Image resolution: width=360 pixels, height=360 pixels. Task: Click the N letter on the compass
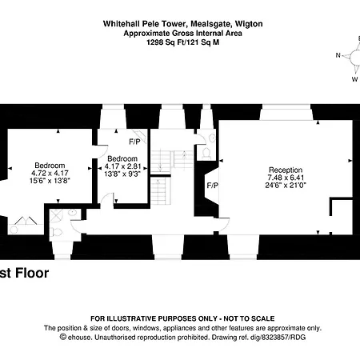tap(338, 56)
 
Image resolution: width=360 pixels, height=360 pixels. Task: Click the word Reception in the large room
tap(286, 170)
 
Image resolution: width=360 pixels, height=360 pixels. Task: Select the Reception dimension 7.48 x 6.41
tap(286, 178)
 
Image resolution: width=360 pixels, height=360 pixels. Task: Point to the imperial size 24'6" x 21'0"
tap(286, 185)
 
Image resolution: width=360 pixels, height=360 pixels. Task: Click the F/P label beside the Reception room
tap(212, 186)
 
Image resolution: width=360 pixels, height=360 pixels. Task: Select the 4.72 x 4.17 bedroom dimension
tap(50, 174)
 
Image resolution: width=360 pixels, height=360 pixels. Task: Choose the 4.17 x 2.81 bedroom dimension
tap(123, 166)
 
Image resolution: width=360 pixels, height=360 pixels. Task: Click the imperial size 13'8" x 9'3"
tap(123, 173)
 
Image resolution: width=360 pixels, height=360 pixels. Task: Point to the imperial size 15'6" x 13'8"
tap(50, 181)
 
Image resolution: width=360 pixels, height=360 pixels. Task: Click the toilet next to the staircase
tap(206, 151)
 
